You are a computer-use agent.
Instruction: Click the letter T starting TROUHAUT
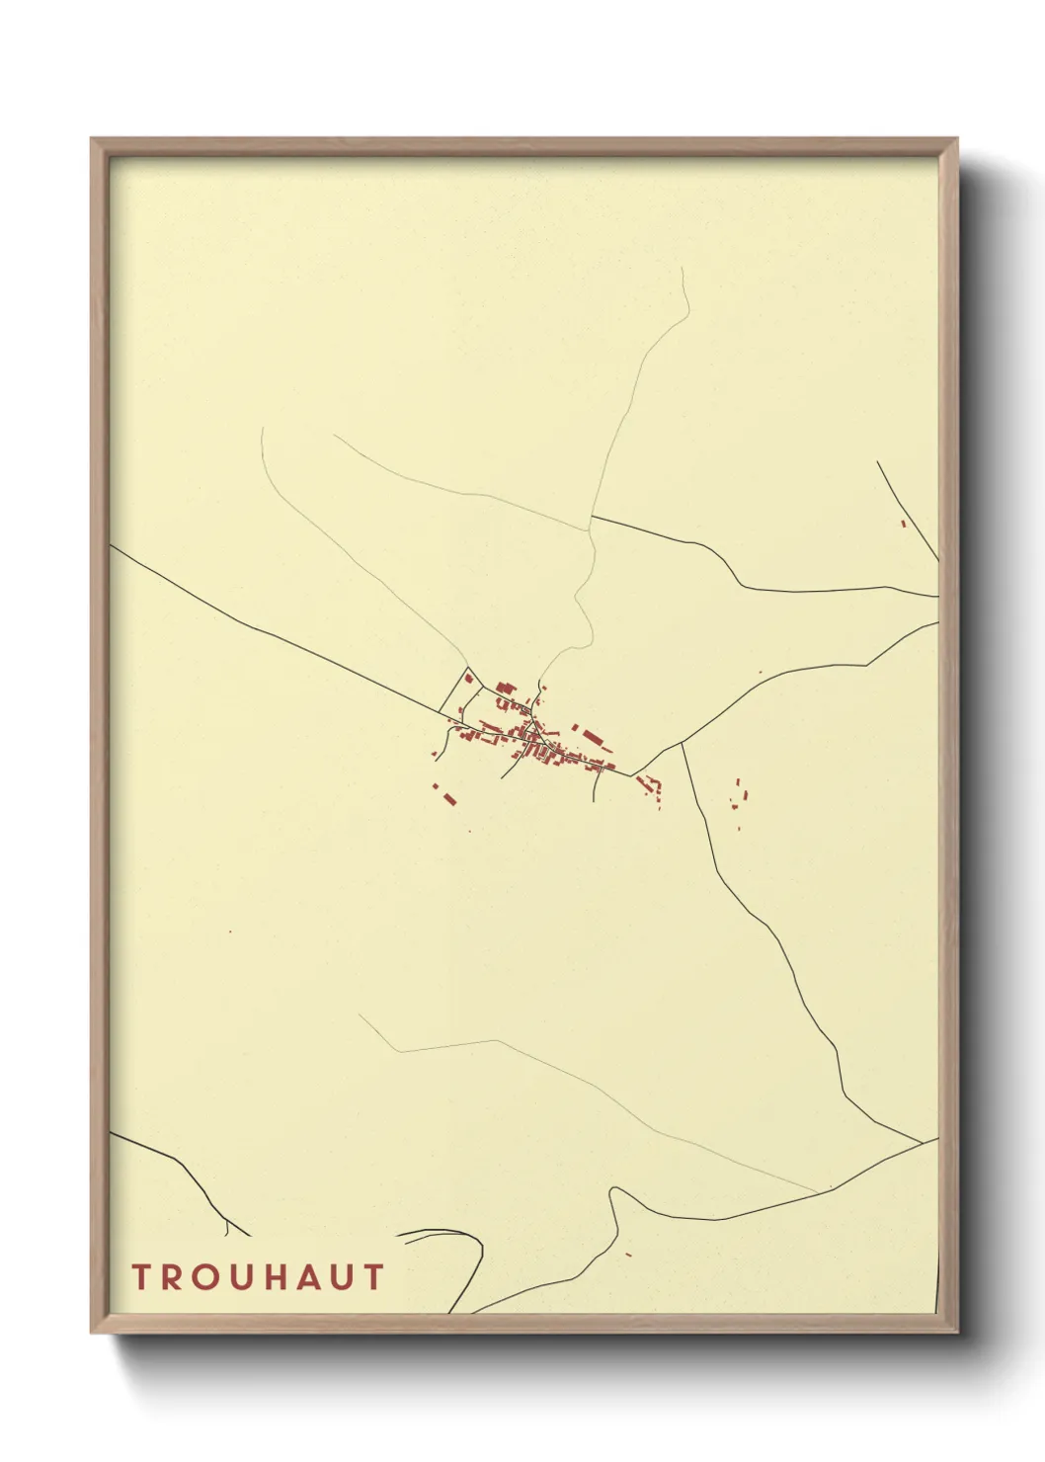click(140, 1277)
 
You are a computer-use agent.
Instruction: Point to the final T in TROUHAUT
click(372, 1277)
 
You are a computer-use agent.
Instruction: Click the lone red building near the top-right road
click(903, 523)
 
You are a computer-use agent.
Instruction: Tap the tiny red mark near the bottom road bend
click(628, 1255)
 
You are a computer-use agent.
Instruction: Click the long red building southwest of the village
click(449, 796)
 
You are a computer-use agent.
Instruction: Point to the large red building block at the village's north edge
click(505, 689)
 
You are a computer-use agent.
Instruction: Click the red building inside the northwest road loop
click(469, 679)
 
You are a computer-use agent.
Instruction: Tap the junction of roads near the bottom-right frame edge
click(923, 1143)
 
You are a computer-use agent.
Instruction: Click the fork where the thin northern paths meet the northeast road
click(591, 517)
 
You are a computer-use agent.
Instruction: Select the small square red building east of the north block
click(542, 687)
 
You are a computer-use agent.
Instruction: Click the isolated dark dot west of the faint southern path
click(230, 931)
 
